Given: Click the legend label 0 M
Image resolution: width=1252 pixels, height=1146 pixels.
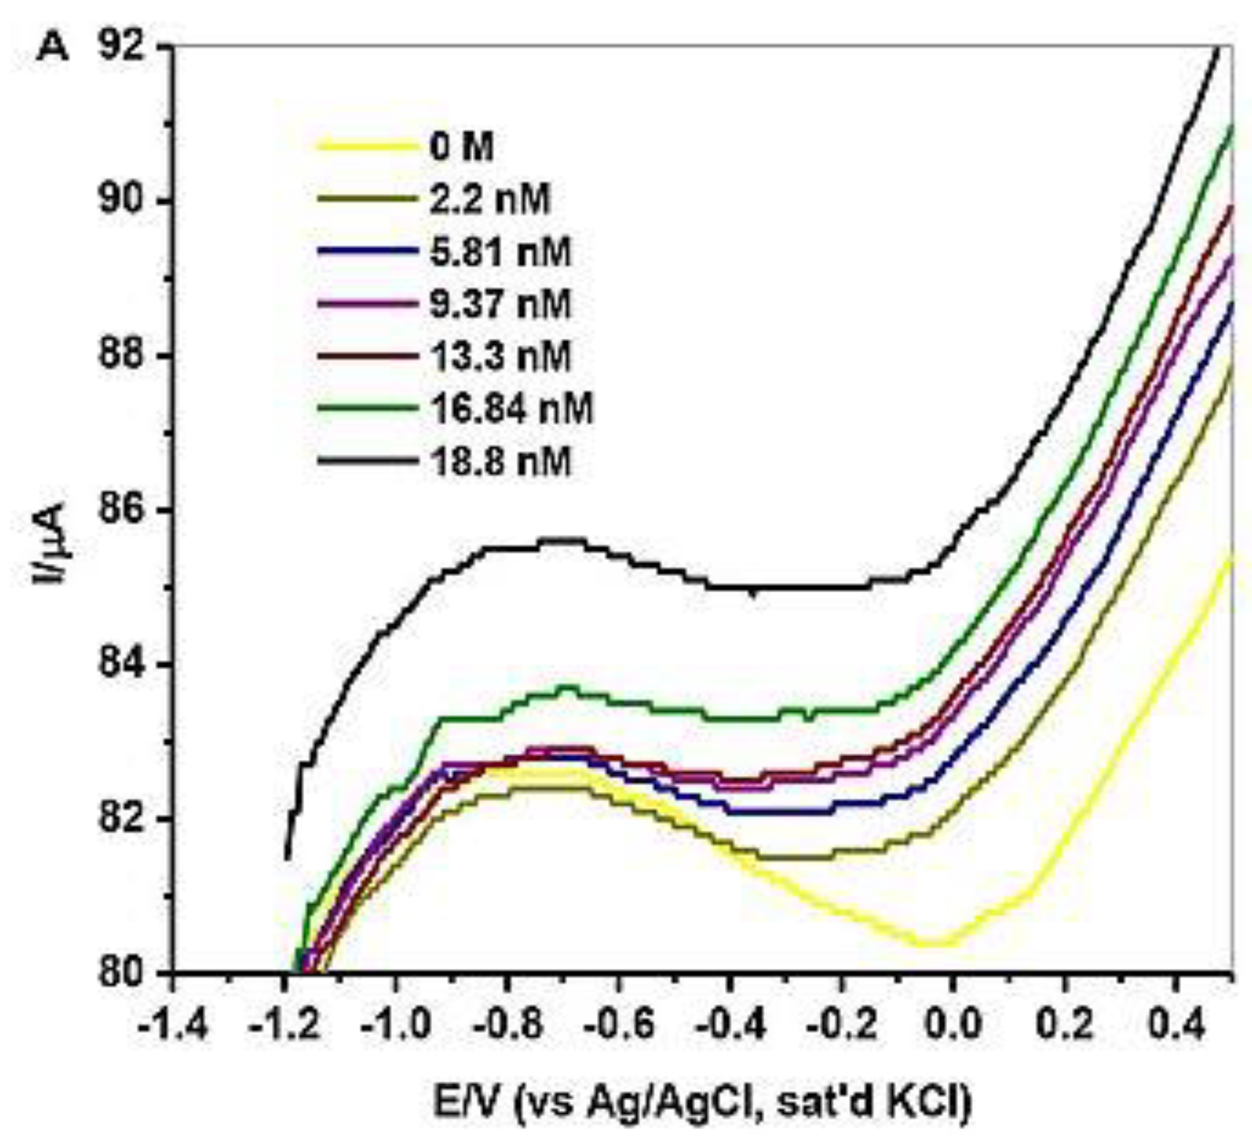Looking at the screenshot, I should (461, 148).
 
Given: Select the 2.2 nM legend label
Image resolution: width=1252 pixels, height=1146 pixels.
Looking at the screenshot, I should (489, 200).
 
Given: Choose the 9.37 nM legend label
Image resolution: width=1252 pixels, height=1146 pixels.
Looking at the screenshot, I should (500, 304).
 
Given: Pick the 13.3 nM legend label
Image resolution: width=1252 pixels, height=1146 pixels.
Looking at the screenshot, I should (500, 356).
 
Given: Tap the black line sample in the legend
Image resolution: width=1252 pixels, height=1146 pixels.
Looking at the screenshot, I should (367, 461).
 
